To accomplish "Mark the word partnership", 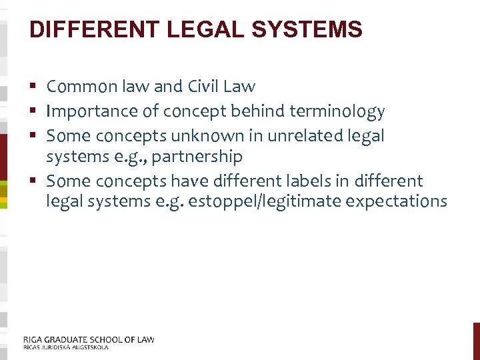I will pyautogui.click(x=197, y=157).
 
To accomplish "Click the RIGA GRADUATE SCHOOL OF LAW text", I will pyautogui.click(x=89, y=339).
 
